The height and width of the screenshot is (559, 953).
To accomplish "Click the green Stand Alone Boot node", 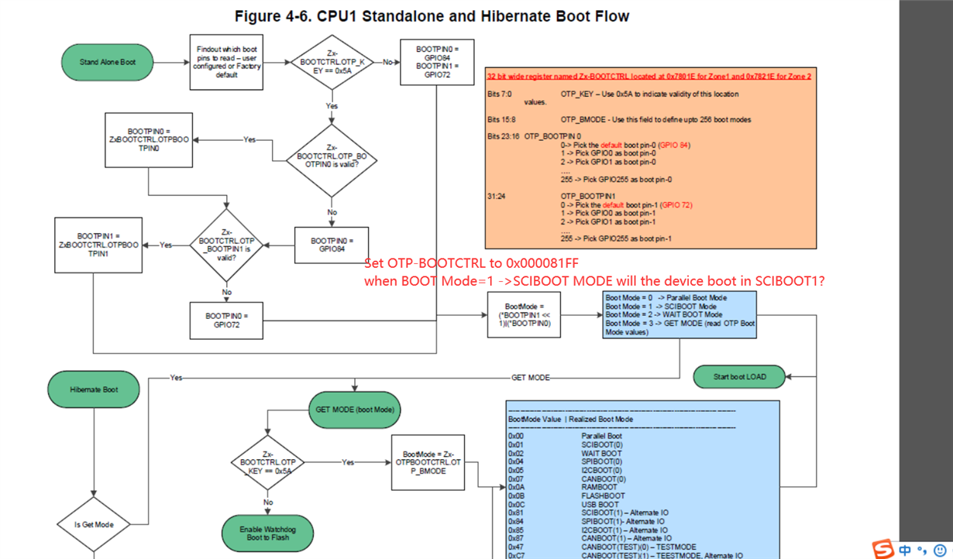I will pos(108,62).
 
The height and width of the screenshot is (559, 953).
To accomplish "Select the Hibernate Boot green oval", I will pos(94,389).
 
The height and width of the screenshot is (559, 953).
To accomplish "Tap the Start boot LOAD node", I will pos(739,377).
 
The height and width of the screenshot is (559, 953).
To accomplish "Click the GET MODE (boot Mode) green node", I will pos(355,409).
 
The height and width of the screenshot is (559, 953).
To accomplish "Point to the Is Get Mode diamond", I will pos(94,524).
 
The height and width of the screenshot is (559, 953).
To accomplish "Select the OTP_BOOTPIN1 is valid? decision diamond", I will pos(226,245).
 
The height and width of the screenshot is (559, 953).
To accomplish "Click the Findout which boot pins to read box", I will pos(227,62).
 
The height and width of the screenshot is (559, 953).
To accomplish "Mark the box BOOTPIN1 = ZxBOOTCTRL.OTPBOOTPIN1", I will pos(98,245).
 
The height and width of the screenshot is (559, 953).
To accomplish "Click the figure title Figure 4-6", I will pos(432,16).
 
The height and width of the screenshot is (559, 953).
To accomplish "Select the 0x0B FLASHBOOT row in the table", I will pos(566,496).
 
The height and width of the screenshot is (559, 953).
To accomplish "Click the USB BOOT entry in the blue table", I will pos(600,504).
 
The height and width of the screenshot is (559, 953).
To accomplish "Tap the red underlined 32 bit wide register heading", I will pos(649,77).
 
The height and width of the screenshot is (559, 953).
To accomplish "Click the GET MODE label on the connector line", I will pos(530,378).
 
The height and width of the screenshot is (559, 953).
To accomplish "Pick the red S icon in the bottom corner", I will pos(883,550).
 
